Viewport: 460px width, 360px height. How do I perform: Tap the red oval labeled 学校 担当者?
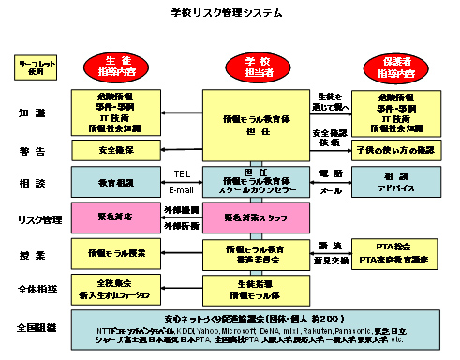[x=255, y=67]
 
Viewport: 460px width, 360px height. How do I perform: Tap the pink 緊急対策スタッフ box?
[x=256, y=217]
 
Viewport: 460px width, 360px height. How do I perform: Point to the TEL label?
[x=182, y=174]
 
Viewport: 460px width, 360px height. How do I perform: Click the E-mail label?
[x=182, y=189]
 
